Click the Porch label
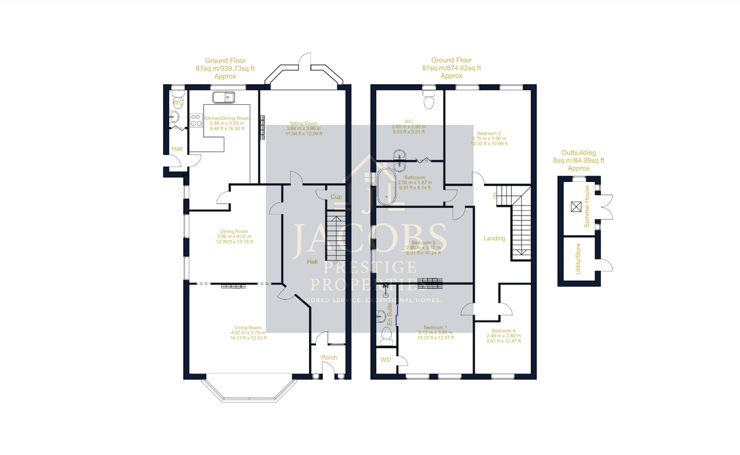click(329, 358)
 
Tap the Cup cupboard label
click(336, 197)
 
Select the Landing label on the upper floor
click(494, 238)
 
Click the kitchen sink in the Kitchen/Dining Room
click(223, 97)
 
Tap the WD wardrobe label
click(385, 360)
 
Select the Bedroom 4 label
click(504, 331)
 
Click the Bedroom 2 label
click(489, 133)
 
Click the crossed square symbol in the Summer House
click(576, 206)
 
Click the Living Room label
click(247, 327)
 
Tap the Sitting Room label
click(303, 123)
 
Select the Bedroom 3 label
click(423, 243)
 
